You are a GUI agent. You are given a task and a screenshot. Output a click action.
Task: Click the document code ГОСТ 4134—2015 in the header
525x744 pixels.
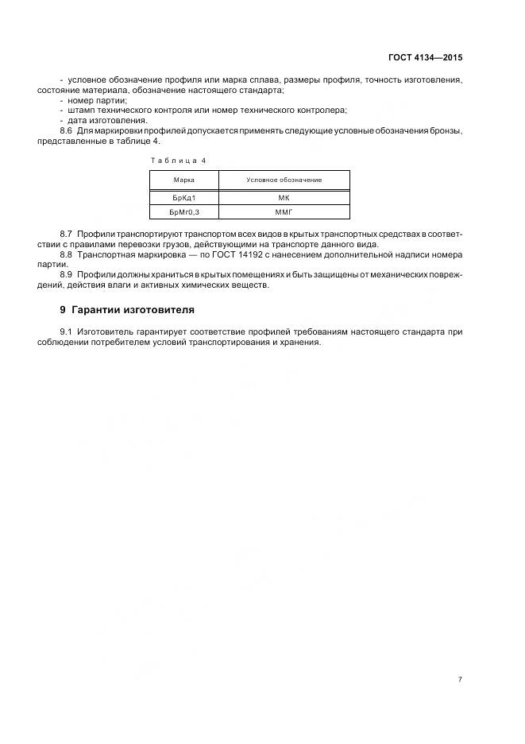pyautogui.click(x=425, y=58)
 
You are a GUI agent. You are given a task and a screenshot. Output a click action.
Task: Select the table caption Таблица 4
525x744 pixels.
pyautogui.click(x=178, y=161)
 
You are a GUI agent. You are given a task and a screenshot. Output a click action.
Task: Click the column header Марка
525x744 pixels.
pyautogui.click(x=183, y=180)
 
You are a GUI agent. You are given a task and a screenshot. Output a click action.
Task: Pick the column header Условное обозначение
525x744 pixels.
pyautogui.click(x=284, y=180)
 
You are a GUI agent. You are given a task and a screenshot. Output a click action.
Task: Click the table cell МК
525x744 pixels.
pyautogui.click(x=284, y=199)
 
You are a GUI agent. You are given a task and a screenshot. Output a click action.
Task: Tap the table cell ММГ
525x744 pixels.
pyautogui.click(x=284, y=213)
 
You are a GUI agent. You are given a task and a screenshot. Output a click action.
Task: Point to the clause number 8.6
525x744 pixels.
pyautogui.click(x=66, y=130)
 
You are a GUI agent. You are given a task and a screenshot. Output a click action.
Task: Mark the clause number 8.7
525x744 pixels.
pyautogui.click(x=66, y=235)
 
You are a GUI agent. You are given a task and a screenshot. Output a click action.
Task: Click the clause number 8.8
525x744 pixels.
pyautogui.click(x=66, y=255)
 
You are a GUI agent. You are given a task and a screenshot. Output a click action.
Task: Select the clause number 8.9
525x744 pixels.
pyautogui.click(x=66, y=275)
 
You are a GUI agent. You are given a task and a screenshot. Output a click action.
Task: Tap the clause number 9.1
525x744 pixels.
pyautogui.click(x=66, y=331)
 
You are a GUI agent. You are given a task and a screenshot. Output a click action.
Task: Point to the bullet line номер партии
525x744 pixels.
pyautogui.click(x=98, y=101)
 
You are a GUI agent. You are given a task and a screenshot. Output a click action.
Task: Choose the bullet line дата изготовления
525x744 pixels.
pyautogui.click(x=107, y=120)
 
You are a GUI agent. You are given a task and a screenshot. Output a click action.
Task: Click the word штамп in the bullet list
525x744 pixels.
pyautogui.click(x=83, y=110)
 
